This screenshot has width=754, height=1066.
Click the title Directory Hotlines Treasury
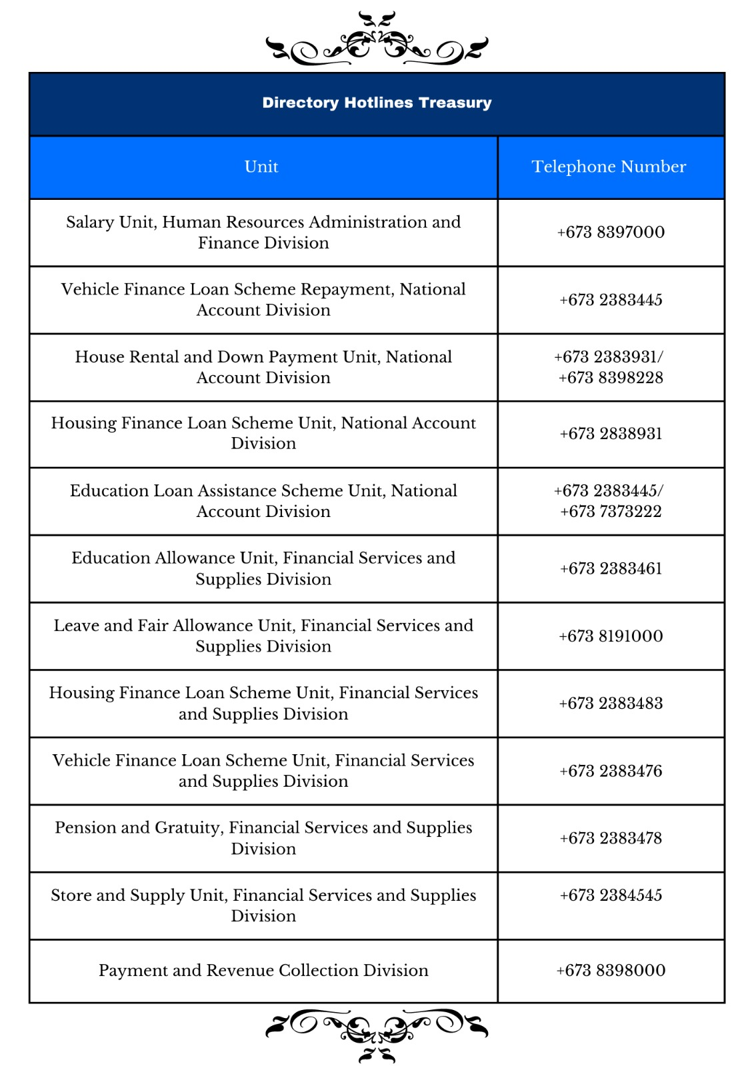(377, 103)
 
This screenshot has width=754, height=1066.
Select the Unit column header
(261, 167)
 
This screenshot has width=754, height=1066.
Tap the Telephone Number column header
(609, 167)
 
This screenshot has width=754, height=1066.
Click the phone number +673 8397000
(611, 232)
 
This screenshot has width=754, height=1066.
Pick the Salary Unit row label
(263, 232)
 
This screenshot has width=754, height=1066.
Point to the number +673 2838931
(611, 434)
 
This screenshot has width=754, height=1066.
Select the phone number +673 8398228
(611, 378)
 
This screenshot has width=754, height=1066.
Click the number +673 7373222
(611, 512)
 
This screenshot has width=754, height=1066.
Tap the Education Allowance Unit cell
(263, 568)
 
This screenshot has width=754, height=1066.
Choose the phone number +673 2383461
(611, 568)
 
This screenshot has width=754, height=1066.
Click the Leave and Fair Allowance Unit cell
(263, 636)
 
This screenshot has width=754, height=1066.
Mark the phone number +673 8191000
(611, 636)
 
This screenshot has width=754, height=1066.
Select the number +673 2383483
(611, 704)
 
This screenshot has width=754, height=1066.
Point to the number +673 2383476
(611, 771)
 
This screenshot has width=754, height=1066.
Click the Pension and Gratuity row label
(263, 837)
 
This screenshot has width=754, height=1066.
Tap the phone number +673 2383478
(611, 838)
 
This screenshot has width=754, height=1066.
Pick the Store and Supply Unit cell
(263, 905)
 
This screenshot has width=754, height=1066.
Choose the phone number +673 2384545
(611, 895)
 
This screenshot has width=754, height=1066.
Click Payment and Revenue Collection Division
(263, 970)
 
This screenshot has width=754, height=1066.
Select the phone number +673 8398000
(611, 970)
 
